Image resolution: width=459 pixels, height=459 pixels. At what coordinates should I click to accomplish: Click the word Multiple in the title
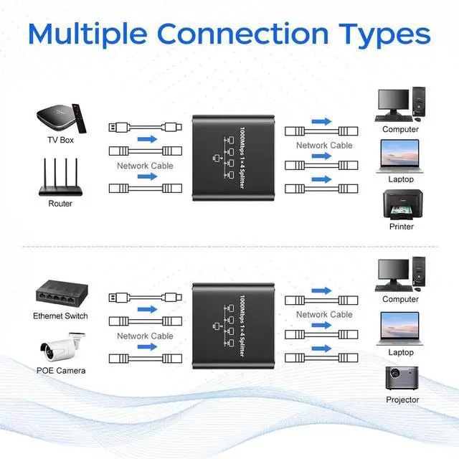point(87,35)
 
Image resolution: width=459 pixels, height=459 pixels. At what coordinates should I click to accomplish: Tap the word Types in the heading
point(385,35)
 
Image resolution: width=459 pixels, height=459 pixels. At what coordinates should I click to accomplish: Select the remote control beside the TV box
point(80,118)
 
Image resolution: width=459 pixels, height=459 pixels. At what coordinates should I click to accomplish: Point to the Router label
point(60,204)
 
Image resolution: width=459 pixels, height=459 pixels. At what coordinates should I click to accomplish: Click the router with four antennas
point(60,177)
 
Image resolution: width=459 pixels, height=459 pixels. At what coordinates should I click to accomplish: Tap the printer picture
point(403,204)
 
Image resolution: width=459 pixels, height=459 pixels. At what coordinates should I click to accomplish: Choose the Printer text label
point(402,227)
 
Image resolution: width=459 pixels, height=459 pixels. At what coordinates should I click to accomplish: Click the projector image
point(402,378)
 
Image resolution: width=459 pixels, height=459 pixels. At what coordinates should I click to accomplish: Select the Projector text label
point(402,399)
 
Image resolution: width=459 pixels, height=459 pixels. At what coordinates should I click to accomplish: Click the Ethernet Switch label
point(60,316)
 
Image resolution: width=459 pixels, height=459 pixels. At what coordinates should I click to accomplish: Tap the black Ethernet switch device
point(62,295)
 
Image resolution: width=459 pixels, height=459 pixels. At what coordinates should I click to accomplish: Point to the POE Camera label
point(61,371)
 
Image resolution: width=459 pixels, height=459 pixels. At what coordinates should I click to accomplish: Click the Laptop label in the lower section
point(401,352)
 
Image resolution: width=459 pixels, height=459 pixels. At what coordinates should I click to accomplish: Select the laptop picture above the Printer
point(400,157)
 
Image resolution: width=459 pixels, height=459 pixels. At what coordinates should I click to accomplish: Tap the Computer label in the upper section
point(400,129)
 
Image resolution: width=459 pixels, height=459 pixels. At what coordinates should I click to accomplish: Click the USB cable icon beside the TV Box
point(145,128)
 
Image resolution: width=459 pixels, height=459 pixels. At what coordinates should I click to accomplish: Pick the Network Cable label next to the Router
point(145,166)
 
